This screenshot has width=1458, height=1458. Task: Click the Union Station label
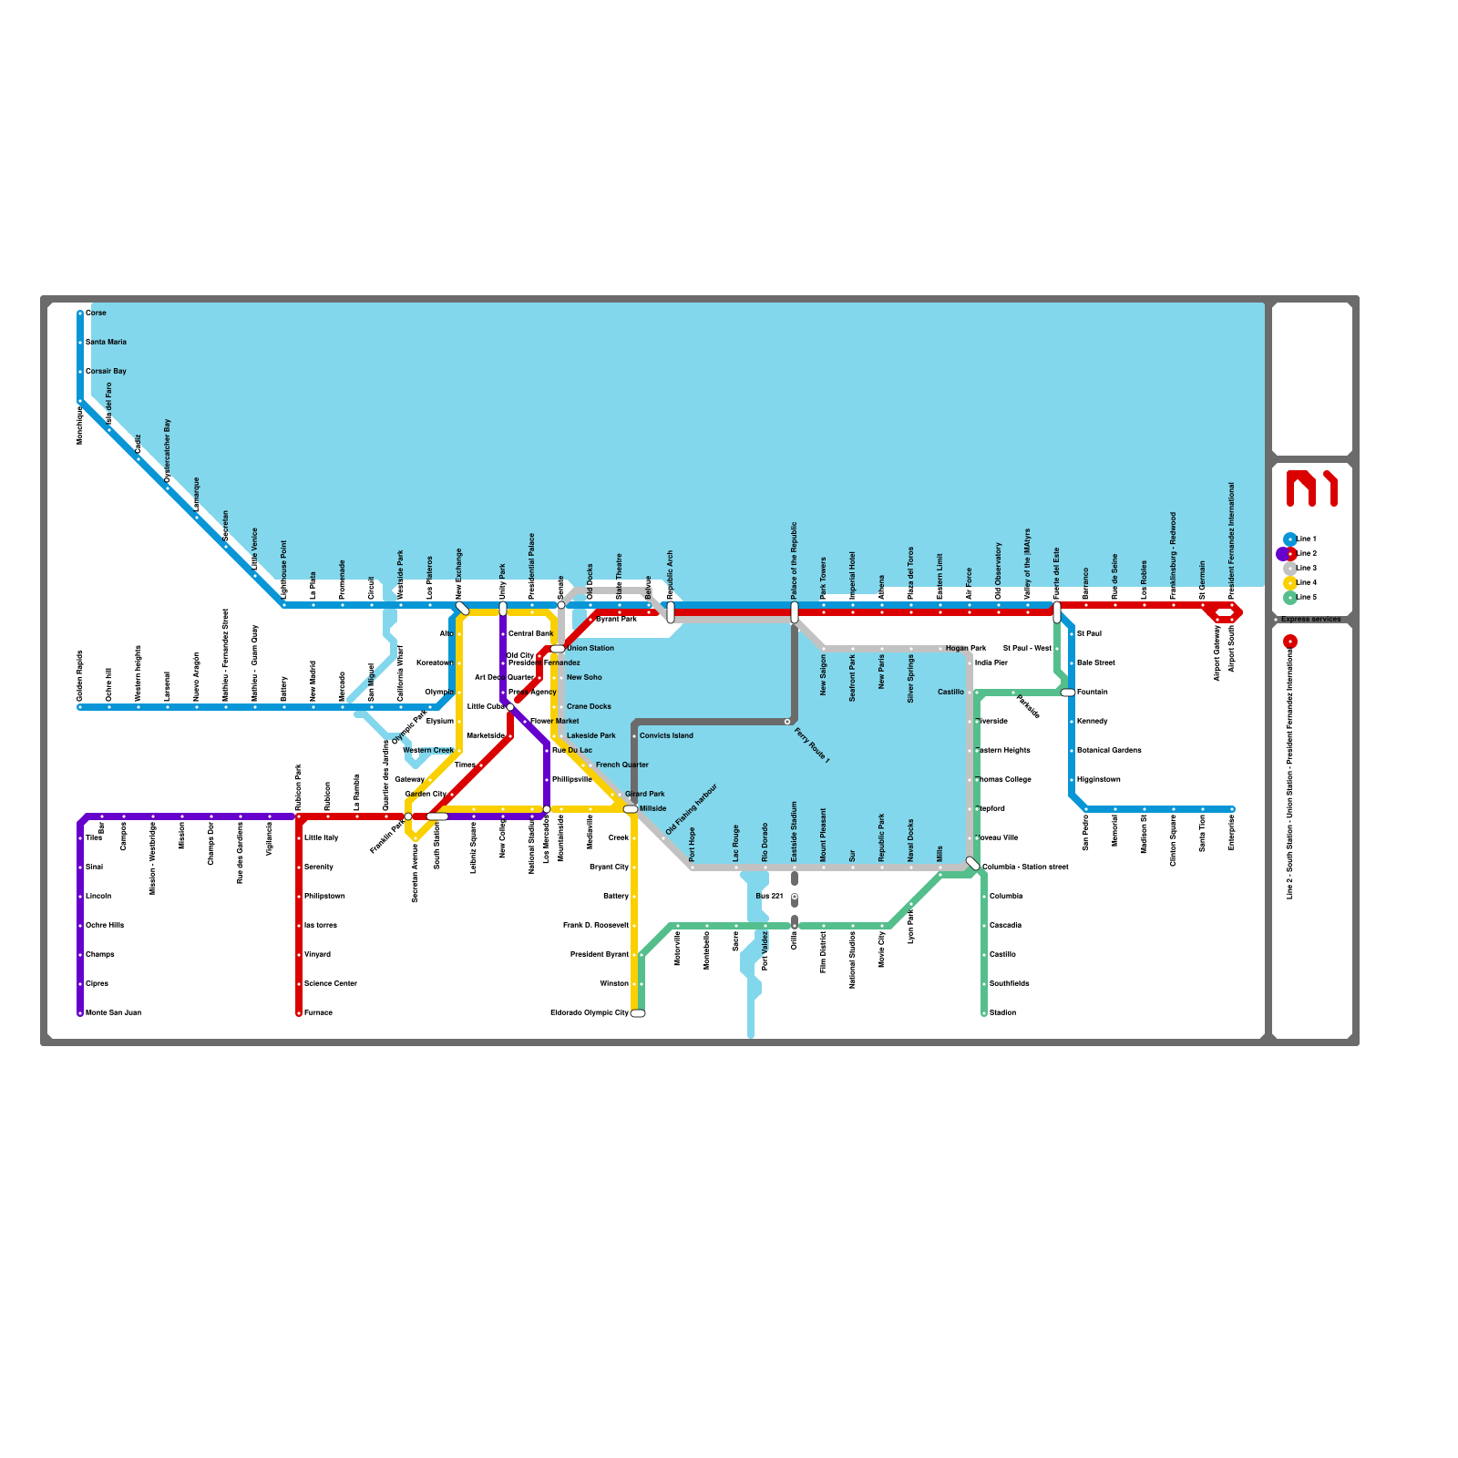(590, 648)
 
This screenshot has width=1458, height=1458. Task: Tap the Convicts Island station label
(666, 735)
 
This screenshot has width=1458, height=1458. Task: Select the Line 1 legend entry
(1306, 539)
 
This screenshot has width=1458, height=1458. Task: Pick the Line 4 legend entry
(1306, 582)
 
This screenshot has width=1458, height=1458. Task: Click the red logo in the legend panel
(1311, 488)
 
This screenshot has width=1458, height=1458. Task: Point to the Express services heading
(1310, 619)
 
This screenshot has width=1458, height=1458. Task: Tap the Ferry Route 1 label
(812, 744)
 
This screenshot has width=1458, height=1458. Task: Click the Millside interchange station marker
(631, 808)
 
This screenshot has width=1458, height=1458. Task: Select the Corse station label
(96, 313)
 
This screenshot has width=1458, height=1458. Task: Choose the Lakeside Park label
(590, 735)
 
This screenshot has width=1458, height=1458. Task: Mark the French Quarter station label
(622, 765)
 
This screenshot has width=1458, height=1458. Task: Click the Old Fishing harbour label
(692, 809)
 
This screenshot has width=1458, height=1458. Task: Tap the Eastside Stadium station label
(795, 831)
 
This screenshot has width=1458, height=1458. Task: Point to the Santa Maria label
(107, 342)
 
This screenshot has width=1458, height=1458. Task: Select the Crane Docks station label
(589, 706)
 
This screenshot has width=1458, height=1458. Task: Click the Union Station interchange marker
(558, 648)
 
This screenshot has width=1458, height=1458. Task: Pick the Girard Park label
(645, 794)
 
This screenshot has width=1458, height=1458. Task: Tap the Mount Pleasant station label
(824, 835)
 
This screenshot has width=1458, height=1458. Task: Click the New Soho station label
(584, 677)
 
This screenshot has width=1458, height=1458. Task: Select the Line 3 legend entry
(1306, 568)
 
